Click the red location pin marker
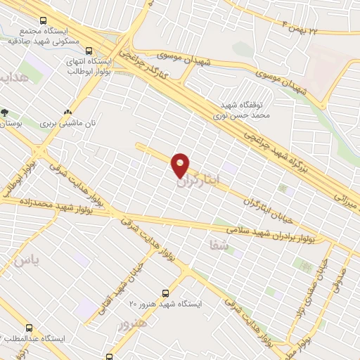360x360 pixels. coord(181,165)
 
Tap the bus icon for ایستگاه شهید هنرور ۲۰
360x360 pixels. coord(166,292)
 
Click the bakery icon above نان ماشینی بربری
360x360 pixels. coord(68,112)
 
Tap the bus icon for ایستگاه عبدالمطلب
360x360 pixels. coord(30,328)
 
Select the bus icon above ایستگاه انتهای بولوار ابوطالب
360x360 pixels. coord(89,50)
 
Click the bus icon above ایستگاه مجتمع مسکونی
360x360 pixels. coord(44,22)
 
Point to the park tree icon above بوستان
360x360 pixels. coord(5,112)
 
